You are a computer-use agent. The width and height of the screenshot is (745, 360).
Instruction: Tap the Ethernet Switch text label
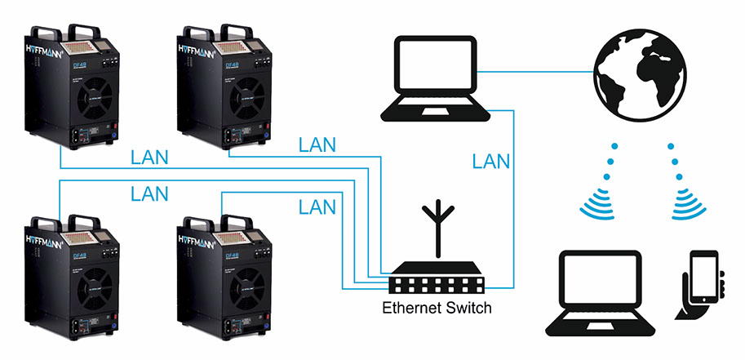(x=437, y=309)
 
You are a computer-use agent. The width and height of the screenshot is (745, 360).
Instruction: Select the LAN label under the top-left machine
(x=150, y=156)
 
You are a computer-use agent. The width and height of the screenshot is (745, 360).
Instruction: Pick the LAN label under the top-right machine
(x=317, y=145)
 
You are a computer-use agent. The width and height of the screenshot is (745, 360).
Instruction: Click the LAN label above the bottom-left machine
(x=149, y=193)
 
